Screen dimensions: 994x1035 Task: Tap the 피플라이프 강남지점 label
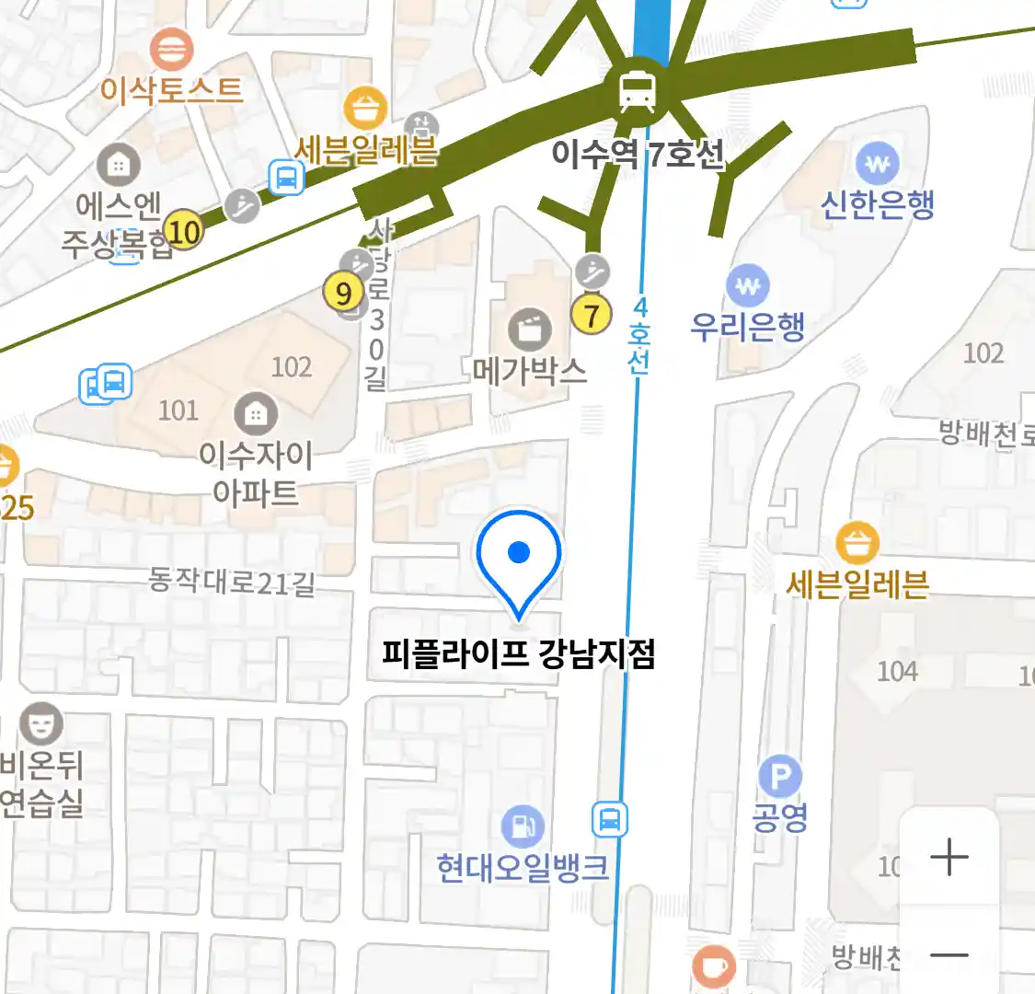click(518, 654)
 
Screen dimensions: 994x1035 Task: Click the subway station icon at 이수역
click(638, 90)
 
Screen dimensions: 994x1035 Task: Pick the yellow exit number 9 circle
click(343, 294)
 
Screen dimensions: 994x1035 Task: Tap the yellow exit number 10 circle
click(184, 231)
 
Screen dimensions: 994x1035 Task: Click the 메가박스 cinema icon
click(530, 329)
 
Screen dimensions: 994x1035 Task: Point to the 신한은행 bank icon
click(878, 165)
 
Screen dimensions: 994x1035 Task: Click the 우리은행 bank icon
click(748, 285)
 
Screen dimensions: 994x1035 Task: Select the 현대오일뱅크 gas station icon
click(523, 826)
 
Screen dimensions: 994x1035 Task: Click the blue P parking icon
click(780, 778)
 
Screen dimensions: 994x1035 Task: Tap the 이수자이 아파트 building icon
click(256, 415)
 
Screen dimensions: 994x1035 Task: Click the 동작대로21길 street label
click(232, 582)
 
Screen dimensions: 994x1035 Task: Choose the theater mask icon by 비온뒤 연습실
click(41, 724)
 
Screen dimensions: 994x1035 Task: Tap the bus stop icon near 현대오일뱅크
click(609, 819)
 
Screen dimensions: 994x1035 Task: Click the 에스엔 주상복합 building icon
click(119, 167)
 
